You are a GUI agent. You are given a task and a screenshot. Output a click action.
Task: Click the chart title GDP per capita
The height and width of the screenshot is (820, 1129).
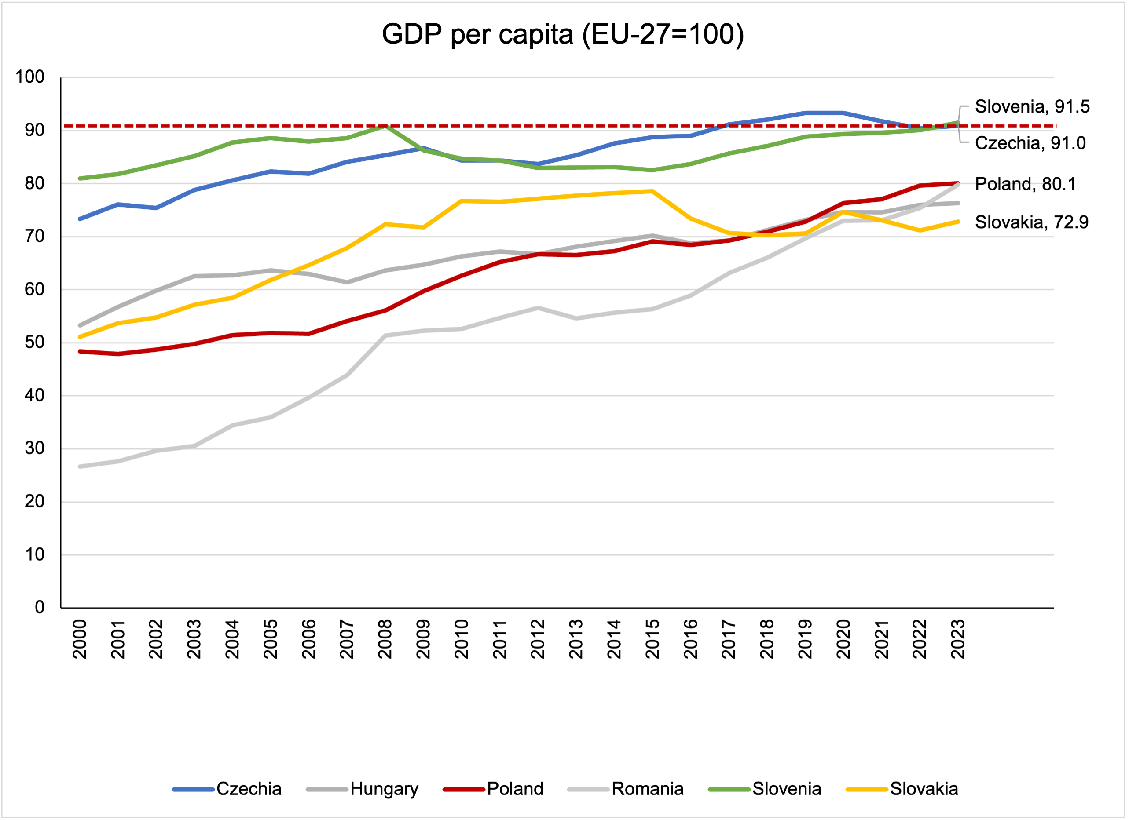563,34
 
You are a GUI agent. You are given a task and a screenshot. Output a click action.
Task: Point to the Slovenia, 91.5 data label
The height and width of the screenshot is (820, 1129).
1032,106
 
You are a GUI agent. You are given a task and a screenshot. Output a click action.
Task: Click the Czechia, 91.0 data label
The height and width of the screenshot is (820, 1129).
1030,143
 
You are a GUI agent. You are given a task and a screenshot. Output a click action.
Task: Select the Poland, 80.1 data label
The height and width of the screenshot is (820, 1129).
1025,184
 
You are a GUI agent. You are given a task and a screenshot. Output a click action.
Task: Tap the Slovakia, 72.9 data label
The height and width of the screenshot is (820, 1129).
1031,222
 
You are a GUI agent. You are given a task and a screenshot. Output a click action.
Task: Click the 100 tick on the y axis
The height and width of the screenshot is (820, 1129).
30,77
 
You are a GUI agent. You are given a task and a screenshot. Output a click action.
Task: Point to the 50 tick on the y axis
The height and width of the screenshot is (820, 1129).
34,343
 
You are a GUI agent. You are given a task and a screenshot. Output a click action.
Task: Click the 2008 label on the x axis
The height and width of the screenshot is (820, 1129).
385,639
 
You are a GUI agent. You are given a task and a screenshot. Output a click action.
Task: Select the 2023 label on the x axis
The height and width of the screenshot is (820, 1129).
958,639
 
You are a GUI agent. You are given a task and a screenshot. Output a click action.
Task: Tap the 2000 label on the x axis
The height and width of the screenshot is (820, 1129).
80,639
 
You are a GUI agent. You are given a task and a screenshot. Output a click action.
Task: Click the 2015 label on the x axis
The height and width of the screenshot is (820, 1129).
652,639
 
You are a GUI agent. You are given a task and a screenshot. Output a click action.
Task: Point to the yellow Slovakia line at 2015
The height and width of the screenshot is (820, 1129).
652,191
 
